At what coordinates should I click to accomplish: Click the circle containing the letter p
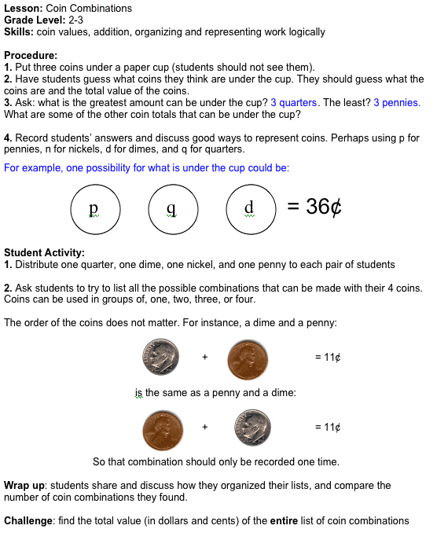coord(95,209)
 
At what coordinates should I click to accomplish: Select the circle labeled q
coord(173,209)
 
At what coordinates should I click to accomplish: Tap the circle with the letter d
coord(251,209)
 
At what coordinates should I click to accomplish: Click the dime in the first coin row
coord(160,358)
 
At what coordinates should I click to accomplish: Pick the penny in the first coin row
coord(248,358)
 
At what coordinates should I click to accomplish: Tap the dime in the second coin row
coord(252,428)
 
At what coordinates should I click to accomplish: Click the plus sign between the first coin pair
coord(204,358)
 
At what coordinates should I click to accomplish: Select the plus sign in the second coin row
coord(204,428)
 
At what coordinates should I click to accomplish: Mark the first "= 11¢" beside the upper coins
coord(327,358)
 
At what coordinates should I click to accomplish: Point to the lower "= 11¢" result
coord(327,428)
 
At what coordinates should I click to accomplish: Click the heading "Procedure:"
coord(31,56)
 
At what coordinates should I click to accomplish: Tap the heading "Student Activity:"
coord(44,253)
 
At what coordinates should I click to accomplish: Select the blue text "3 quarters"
coord(294,103)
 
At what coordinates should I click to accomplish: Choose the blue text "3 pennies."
coord(397,103)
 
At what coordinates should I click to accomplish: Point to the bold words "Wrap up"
coord(24,486)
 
